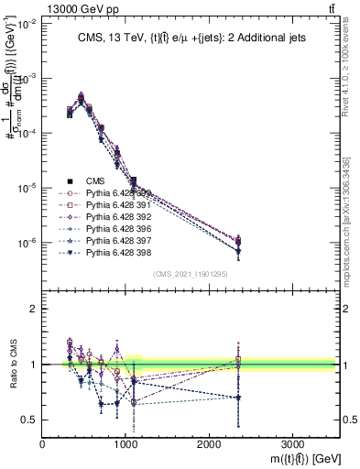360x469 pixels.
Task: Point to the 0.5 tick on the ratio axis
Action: tap(29, 420)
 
